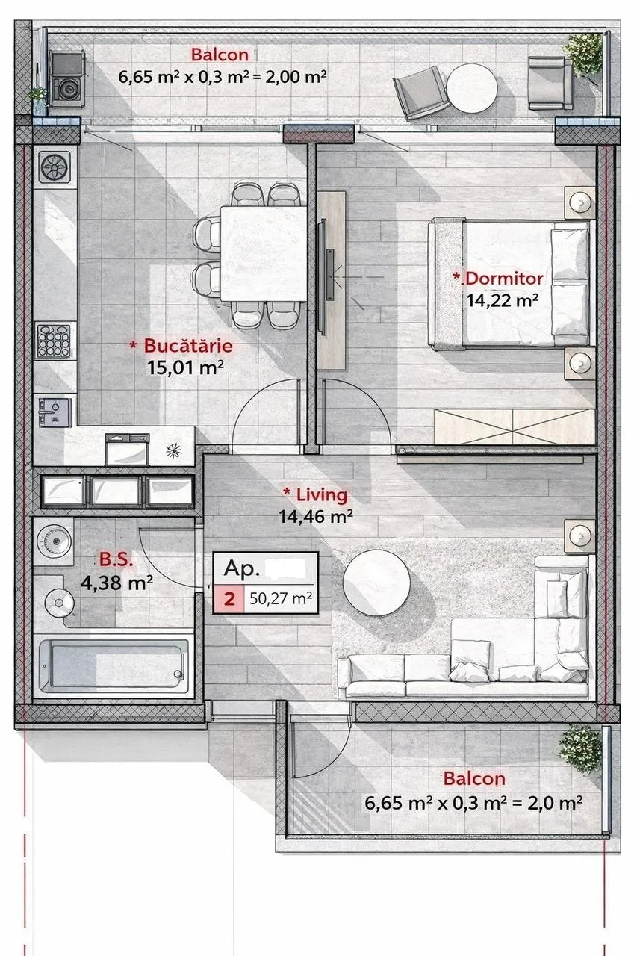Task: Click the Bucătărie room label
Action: point(188,345)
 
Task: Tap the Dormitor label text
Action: point(504,279)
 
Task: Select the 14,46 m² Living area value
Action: point(316,517)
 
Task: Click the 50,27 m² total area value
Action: point(280,599)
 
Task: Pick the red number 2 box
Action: point(229,599)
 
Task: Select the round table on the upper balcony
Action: point(471,88)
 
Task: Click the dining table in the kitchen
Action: point(264,253)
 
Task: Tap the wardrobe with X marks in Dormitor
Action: point(515,426)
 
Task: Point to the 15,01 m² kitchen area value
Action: point(186,367)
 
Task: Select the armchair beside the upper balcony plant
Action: point(550,83)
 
